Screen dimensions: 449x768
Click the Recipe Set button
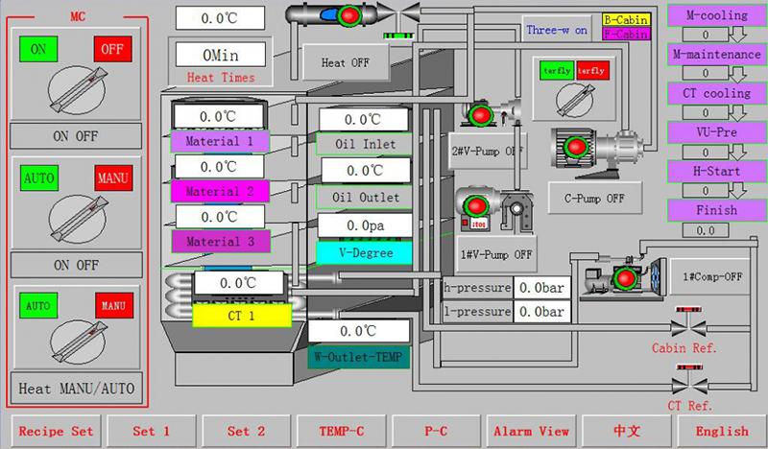tap(56, 431)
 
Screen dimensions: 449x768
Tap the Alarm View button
tap(531, 431)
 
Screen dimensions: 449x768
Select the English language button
tap(720, 431)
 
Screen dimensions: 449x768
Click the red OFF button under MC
tap(112, 49)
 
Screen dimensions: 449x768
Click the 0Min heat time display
tap(221, 54)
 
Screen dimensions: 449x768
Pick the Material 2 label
tap(220, 191)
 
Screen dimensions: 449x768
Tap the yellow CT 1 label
tap(241, 315)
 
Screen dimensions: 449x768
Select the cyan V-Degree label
tap(364, 252)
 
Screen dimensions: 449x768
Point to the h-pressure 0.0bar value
tap(541, 287)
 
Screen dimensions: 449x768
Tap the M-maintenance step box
tap(717, 55)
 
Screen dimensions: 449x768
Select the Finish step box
tap(717, 209)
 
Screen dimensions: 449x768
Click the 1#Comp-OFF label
tap(713, 276)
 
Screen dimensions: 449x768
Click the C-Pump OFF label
tap(588, 199)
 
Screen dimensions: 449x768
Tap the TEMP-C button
tap(342, 431)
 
